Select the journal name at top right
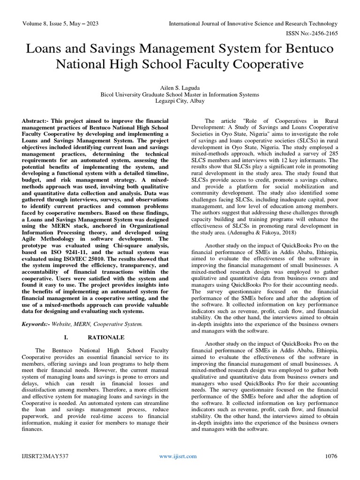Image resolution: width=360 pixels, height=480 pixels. coord(253,23)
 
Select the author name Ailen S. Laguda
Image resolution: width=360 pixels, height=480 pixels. coord(180,87)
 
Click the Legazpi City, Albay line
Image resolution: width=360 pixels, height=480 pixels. coord(180,101)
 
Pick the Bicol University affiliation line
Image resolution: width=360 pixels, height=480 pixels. coord(180,94)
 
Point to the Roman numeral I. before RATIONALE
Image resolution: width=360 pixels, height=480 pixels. coord(65,337)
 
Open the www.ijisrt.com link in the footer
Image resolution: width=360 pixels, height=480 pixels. coord(178,456)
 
